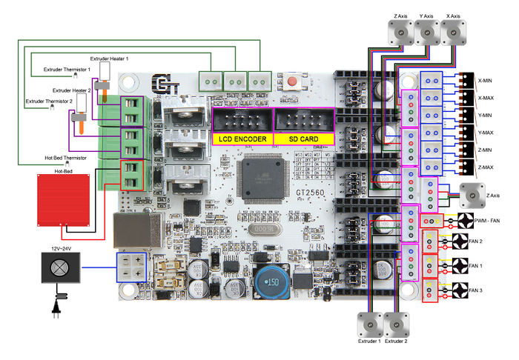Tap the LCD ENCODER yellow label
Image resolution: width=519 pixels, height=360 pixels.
click(242, 139)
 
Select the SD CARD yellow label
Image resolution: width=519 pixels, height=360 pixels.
click(303, 139)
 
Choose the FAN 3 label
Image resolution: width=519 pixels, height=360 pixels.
click(475, 290)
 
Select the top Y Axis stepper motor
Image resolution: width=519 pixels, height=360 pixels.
click(426, 33)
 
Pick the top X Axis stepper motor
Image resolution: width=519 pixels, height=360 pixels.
click(454, 33)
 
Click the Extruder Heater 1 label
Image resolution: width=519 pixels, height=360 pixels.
click(109, 58)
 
